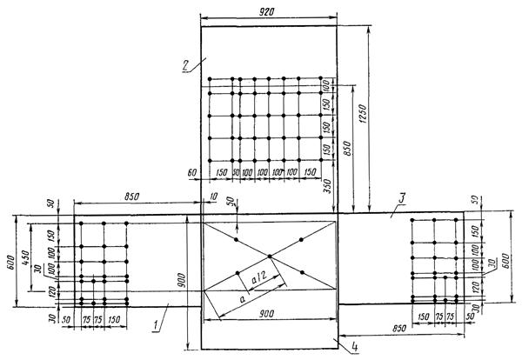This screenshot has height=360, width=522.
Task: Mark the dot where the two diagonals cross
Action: pos(270,256)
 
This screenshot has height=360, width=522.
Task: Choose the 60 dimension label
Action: pos(191,173)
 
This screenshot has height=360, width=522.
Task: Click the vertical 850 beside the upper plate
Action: pos(349,150)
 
